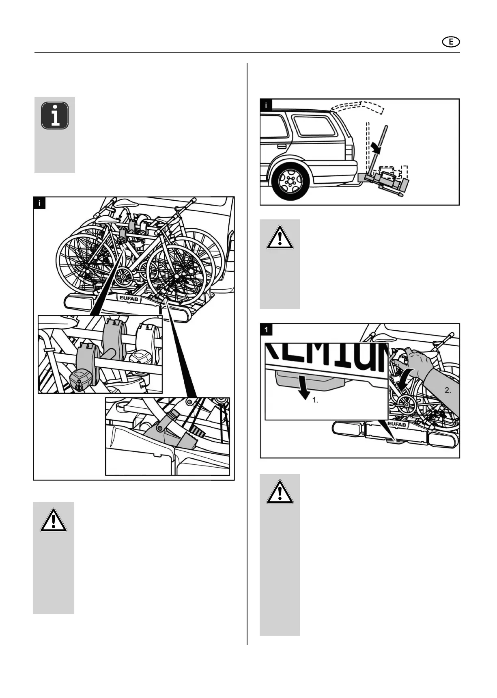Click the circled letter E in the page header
[451, 42]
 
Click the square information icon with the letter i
[55, 116]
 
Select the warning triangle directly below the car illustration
[280, 237]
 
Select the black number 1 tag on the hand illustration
[266, 329]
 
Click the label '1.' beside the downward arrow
[315, 400]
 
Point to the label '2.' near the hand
[448, 390]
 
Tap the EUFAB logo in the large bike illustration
[129, 299]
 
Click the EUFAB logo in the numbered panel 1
[396, 425]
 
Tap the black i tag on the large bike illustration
[39, 203]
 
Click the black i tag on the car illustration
[266, 105]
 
